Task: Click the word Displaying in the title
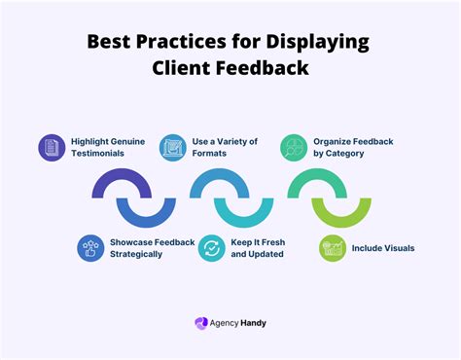click(x=310, y=43)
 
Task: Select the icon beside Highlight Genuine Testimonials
click(x=51, y=148)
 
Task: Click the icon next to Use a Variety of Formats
click(x=172, y=147)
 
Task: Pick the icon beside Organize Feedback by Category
click(x=294, y=148)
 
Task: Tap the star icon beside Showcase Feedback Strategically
click(x=91, y=248)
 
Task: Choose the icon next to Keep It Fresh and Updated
click(x=211, y=248)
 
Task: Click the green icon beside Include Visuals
click(x=333, y=248)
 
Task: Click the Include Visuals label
click(x=384, y=248)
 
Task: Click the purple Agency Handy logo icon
click(x=201, y=323)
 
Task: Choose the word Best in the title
click(x=108, y=43)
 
